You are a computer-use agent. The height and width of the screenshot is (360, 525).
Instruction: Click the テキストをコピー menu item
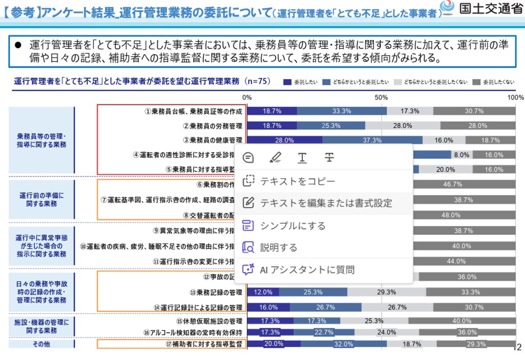pos(297,181)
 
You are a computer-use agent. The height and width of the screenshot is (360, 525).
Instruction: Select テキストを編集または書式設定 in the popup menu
pos(326,203)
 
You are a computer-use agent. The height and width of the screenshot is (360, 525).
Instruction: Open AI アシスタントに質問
pos(307,270)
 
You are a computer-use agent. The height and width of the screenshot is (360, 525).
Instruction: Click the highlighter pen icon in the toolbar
pos(276,157)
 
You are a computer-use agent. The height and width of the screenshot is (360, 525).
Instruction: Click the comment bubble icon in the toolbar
pos(249,157)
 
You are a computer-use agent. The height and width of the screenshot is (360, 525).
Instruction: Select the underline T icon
pos(302,157)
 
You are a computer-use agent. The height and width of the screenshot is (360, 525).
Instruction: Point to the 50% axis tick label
pos(381,97)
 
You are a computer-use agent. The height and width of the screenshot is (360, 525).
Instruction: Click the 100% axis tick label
pos(515,97)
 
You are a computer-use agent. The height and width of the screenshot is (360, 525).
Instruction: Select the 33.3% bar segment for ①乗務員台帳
pos(341,111)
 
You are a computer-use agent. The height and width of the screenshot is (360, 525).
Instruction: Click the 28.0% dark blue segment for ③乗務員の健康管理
pos(285,140)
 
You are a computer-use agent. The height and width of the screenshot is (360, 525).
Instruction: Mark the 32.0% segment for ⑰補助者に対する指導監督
pos(344,344)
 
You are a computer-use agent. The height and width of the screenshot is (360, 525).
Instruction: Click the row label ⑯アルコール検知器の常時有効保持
pos(195,333)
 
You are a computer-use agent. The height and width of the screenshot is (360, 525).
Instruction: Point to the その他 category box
pos(42,345)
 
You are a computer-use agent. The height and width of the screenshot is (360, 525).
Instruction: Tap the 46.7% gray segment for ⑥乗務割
pos(453,184)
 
